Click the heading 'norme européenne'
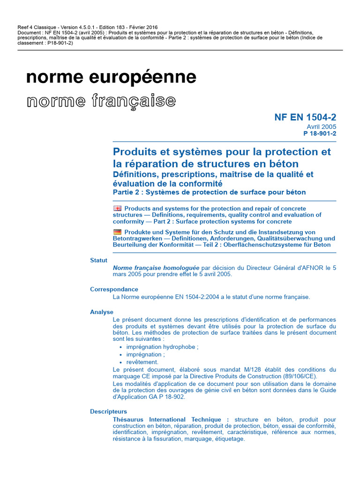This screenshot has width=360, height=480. tap(111, 77)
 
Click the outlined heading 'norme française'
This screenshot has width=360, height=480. tap(101, 101)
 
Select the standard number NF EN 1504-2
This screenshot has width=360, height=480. tap(305, 117)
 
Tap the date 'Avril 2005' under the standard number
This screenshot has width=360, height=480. tap(321, 127)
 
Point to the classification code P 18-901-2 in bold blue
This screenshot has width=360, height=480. tap(320, 133)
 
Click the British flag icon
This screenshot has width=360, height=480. tap(117, 208)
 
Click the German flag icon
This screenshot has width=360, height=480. tap(117, 232)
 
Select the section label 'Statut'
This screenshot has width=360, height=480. tap(98, 260)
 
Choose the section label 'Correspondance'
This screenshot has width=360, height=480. tap(114, 289)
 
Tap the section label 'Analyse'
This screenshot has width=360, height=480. tap(102, 312)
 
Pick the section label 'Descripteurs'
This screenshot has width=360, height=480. tap(108, 412)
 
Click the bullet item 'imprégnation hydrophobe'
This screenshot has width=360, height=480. tap(162, 347)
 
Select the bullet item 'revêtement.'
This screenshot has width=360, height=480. tap(142, 362)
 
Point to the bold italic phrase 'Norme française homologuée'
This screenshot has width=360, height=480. tap(156, 268)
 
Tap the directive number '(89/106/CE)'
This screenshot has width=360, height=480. tap(300, 376)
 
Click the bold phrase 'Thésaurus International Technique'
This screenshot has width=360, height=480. tap(171, 419)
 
